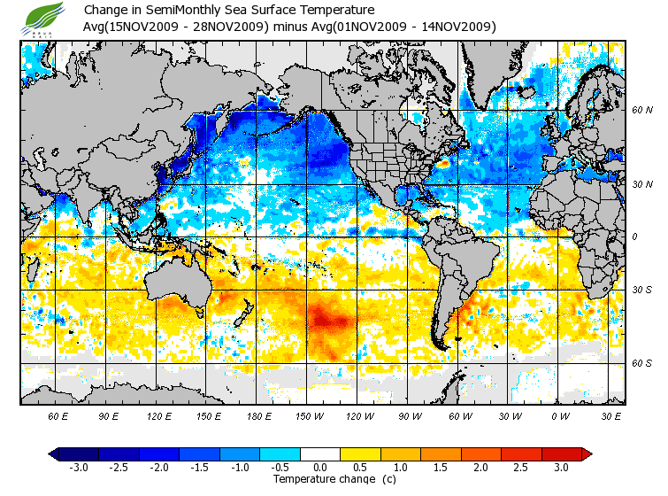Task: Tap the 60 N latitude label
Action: pos(642,111)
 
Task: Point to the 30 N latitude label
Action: pos(642,184)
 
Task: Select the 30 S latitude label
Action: pos(642,291)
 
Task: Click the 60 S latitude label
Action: pos(642,363)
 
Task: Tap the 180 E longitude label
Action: pos(258,415)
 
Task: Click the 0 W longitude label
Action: pos(561,415)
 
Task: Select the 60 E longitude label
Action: pos(58,415)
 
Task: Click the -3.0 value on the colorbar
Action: pos(79,467)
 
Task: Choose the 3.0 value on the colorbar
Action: pos(562,467)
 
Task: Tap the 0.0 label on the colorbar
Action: pos(320,467)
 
